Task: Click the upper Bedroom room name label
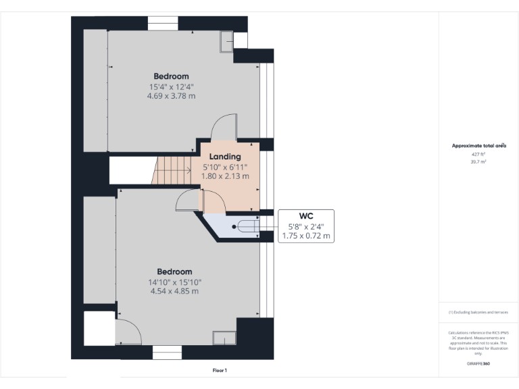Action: [x=171, y=76]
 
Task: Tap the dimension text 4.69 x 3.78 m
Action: [x=171, y=96]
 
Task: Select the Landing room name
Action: [x=225, y=157]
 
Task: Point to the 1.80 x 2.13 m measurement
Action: [x=225, y=176]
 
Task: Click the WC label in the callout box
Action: [x=306, y=216]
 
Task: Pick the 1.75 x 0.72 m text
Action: [x=306, y=236]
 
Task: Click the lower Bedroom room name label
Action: [x=176, y=272]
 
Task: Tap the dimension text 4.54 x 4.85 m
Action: [x=176, y=291]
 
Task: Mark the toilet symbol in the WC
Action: [x=245, y=227]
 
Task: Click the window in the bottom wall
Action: [x=167, y=353]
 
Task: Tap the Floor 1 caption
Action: [x=220, y=370]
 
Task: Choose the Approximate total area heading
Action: [x=478, y=146]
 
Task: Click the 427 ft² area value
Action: [x=478, y=154]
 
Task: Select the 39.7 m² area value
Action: [x=478, y=162]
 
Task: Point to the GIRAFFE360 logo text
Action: [x=478, y=364]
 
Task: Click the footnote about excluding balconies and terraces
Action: [x=478, y=312]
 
